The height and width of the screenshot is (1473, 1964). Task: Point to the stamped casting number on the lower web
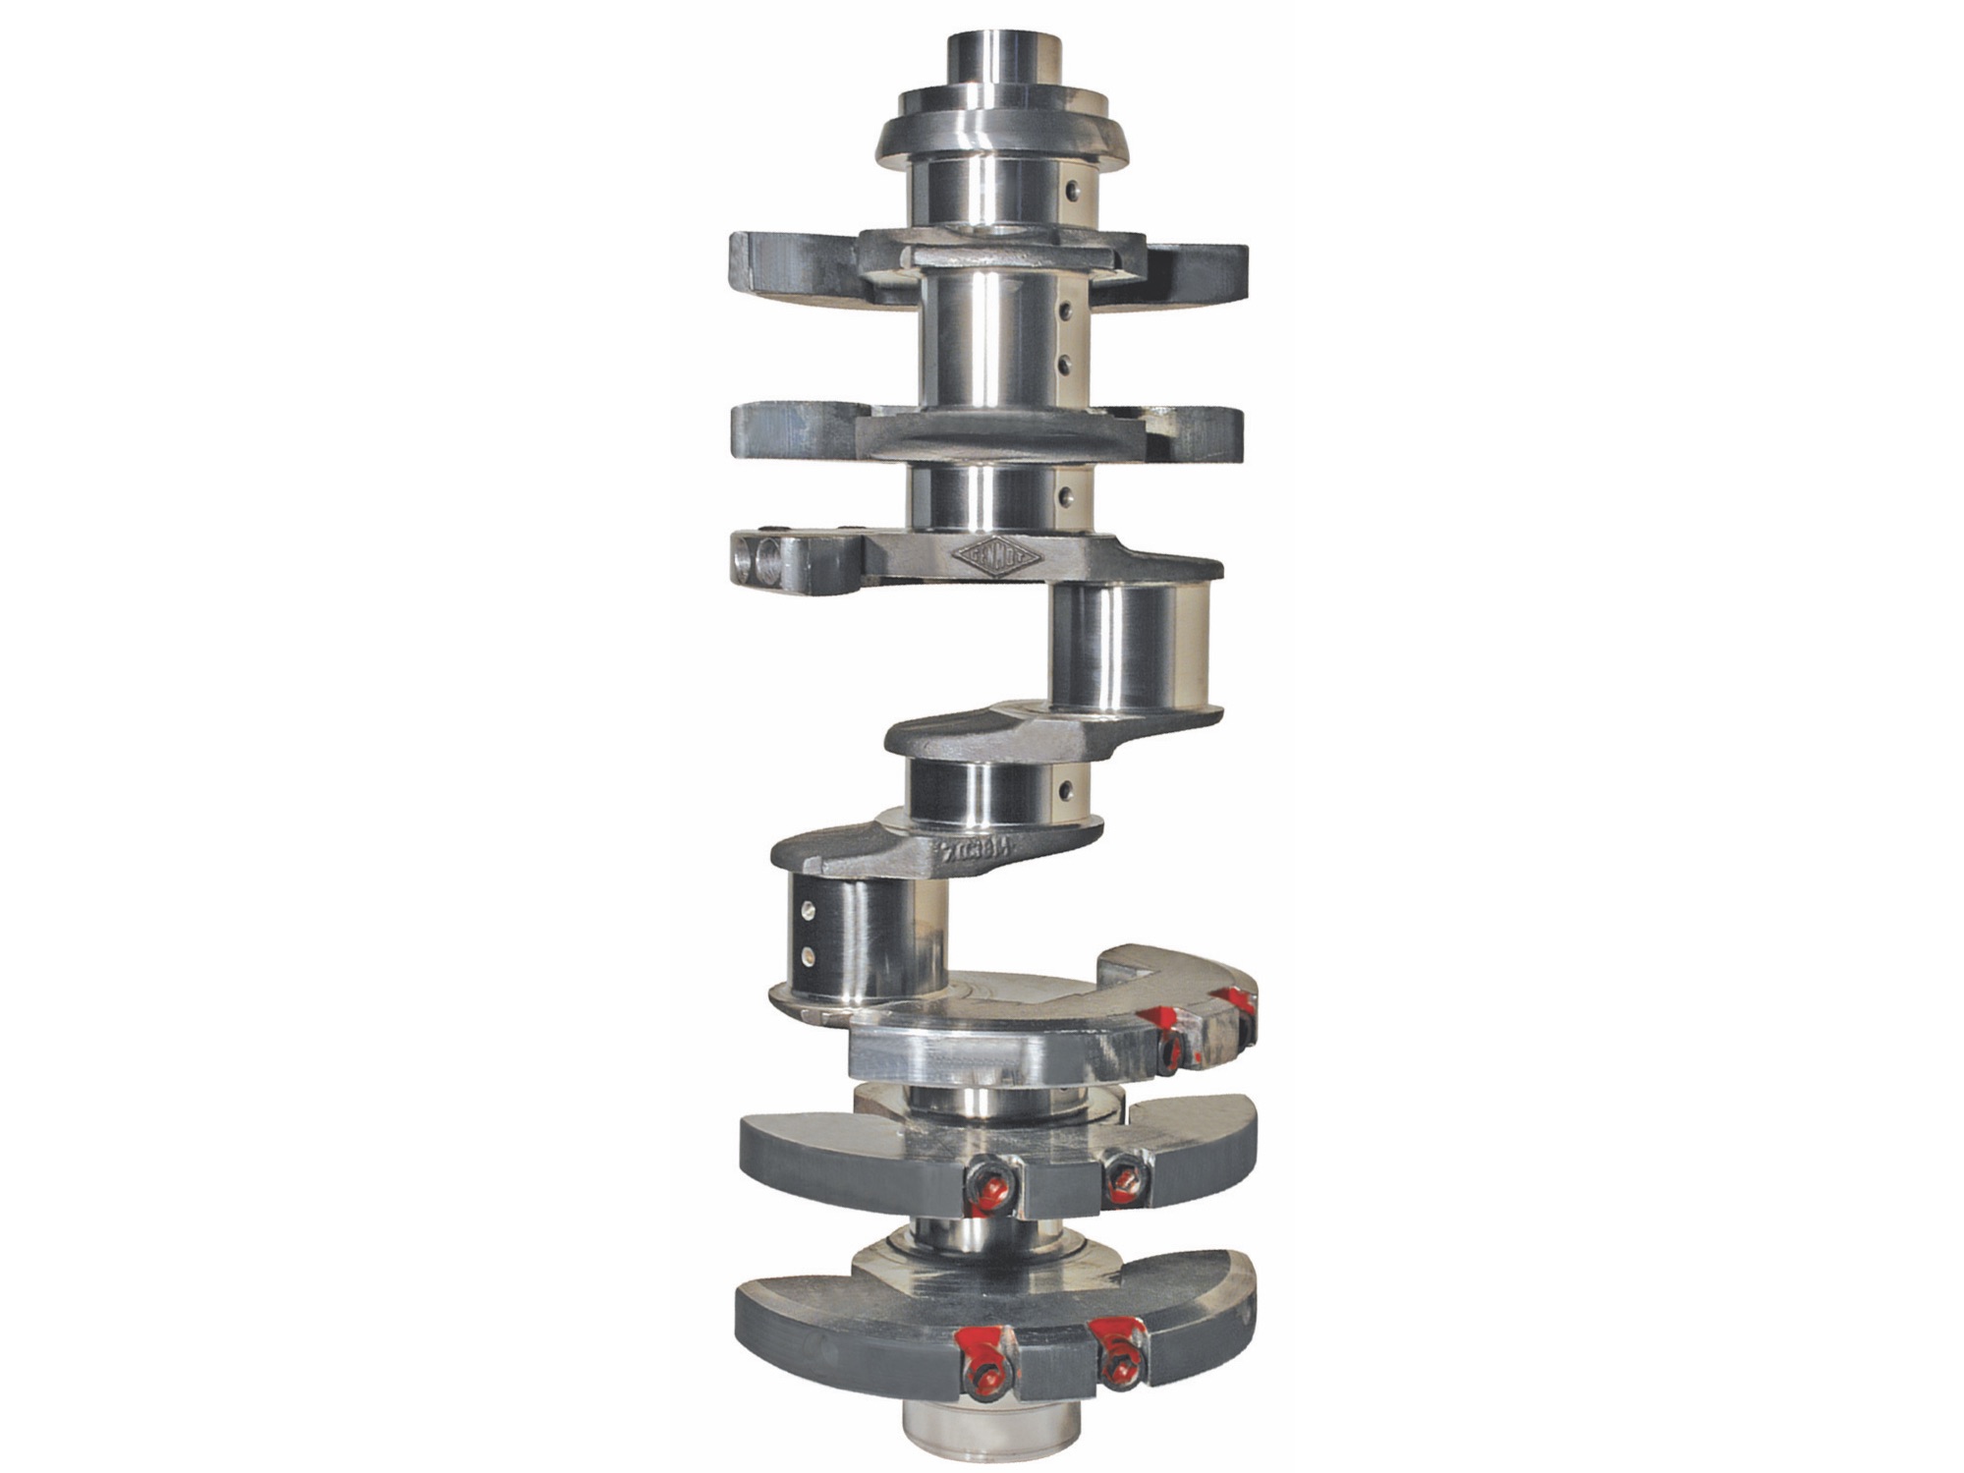[x=982, y=849]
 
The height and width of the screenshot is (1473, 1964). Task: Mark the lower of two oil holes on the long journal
[x=1064, y=366]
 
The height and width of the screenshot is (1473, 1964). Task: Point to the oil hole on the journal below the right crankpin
[x=1065, y=788]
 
